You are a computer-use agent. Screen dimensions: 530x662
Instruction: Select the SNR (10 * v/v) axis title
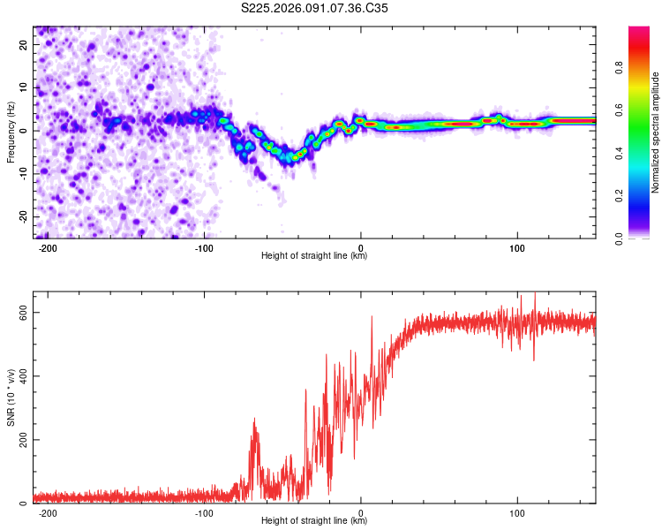pos(11,398)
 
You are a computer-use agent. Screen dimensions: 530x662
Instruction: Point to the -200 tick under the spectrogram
pos(49,248)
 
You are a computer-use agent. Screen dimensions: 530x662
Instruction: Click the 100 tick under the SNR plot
pos(517,513)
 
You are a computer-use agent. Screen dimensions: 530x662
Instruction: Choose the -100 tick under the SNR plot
pos(205,513)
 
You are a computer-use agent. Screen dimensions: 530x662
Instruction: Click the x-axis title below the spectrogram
pos(314,256)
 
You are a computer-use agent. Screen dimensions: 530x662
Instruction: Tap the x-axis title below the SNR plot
pos(314,521)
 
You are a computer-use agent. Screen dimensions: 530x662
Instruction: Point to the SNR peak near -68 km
pos(255,420)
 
